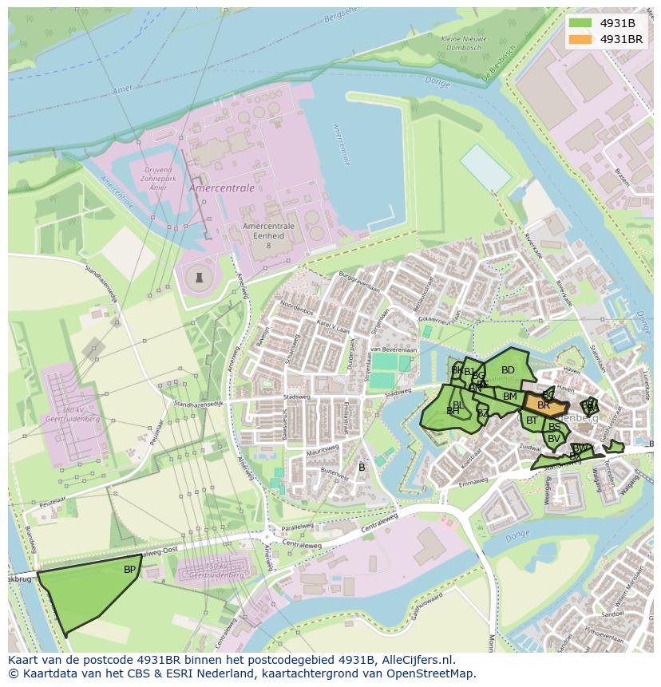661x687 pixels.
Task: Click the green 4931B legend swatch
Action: (x=580, y=24)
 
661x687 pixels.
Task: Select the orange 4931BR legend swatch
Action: (x=580, y=39)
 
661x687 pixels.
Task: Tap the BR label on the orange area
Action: (x=544, y=405)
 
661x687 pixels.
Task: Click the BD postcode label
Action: (x=508, y=370)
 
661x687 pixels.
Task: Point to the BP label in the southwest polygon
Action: (x=129, y=570)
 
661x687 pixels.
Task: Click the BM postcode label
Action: (x=510, y=397)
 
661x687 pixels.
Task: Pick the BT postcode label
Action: (x=532, y=420)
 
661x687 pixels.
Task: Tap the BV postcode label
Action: (x=553, y=438)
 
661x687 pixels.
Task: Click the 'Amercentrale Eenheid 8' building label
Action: (x=268, y=235)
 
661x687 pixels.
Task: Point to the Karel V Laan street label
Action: (x=334, y=327)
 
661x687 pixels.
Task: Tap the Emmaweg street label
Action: (x=473, y=481)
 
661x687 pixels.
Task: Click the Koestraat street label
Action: (x=472, y=461)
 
